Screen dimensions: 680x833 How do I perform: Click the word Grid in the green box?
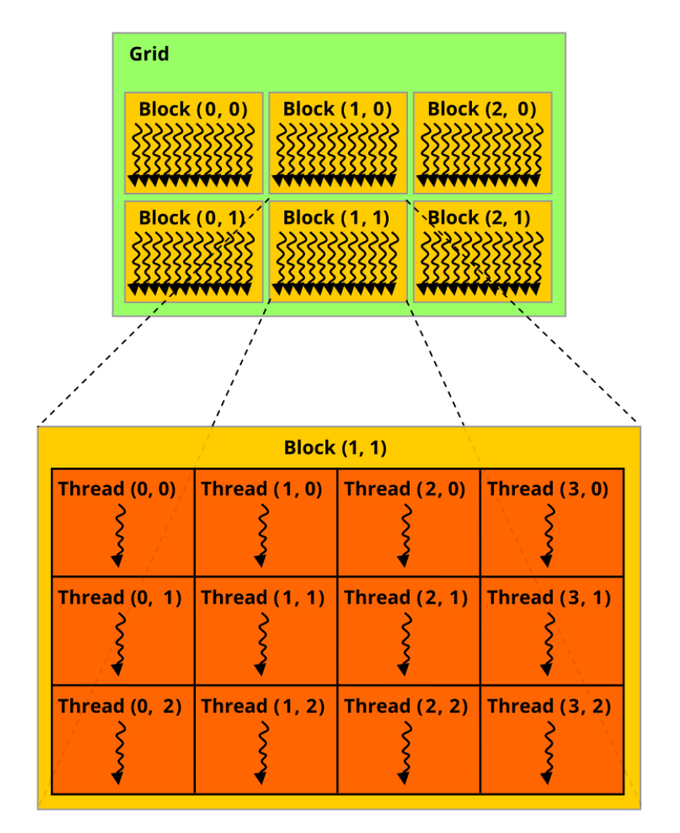[149, 53]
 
